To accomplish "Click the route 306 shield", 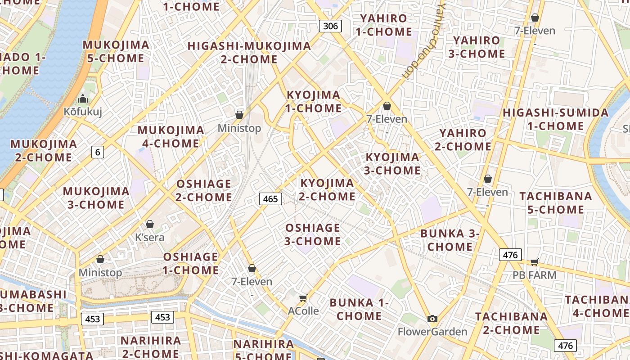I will coord(330,26).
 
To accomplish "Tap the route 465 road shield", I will coord(270,198).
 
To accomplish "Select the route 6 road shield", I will coord(98,152).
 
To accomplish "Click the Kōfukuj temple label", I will coord(83,112).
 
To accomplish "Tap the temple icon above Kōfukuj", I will coord(83,99).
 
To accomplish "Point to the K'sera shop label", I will coord(150,237).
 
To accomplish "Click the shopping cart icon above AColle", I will coord(303,298).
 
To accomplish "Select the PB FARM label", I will coord(535,275).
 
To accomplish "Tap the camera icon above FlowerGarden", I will coord(432,319).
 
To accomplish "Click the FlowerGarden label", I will coord(432,332).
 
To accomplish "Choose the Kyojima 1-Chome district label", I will coord(314,101).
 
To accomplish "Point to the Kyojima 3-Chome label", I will coord(392,164).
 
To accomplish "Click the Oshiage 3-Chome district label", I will coord(313,234).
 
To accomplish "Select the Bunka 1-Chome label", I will coord(359,309).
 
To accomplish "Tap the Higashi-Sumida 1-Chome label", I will coord(555,119).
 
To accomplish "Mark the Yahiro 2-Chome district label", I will coord(463,139).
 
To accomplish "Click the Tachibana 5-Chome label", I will coord(555,203).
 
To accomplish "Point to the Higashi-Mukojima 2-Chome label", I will coord(249,53).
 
